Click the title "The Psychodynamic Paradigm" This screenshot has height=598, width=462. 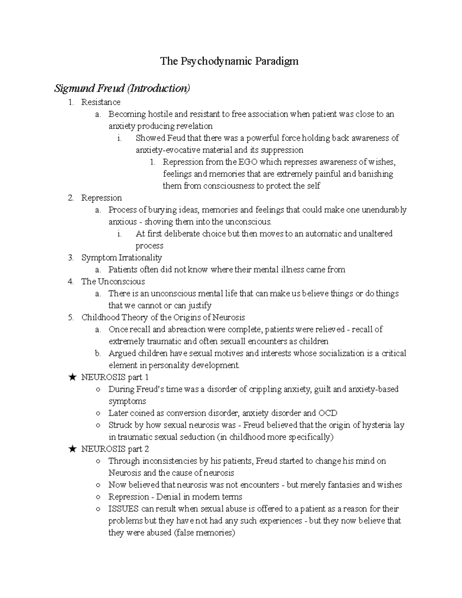point(229,61)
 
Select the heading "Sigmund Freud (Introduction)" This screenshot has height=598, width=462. point(122,89)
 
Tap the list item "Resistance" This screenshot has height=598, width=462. point(100,102)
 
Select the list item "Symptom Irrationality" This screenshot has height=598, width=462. point(121,258)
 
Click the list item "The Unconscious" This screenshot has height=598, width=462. point(113,281)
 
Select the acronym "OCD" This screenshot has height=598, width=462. point(328,413)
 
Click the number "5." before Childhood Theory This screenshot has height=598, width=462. point(70,317)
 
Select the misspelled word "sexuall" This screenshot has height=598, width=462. point(233,341)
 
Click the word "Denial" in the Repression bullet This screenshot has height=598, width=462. point(168,497)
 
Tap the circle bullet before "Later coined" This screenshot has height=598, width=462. point(99,414)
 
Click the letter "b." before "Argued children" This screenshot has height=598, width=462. point(98,353)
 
